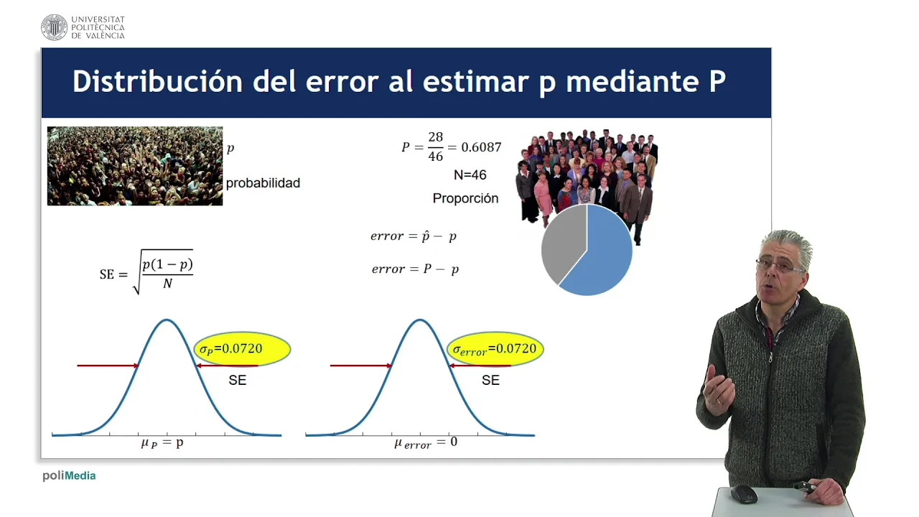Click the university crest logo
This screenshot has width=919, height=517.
tap(54, 27)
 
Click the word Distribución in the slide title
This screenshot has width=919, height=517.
tap(158, 81)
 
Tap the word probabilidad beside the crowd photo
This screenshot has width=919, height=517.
tap(263, 183)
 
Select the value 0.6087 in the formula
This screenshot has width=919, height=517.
tap(481, 147)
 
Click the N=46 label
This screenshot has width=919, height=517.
tap(470, 175)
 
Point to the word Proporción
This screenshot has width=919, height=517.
tap(466, 199)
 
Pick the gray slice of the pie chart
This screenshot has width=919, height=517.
tap(562, 242)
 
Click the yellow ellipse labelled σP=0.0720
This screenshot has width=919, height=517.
tap(242, 349)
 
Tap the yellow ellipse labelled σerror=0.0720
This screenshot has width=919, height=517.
tap(495, 349)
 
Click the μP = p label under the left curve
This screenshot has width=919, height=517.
tap(162, 443)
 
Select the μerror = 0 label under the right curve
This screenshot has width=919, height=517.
tap(426, 443)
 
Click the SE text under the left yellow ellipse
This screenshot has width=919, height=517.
tap(238, 381)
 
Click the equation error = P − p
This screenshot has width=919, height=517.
tap(415, 269)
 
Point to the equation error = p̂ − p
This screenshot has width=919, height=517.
tap(414, 236)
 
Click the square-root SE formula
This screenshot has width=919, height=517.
tap(146, 272)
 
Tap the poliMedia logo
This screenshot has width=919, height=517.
tap(69, 476)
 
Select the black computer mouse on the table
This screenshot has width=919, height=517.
tap(743, 495)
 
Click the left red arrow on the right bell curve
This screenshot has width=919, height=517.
tap(361, 365)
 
